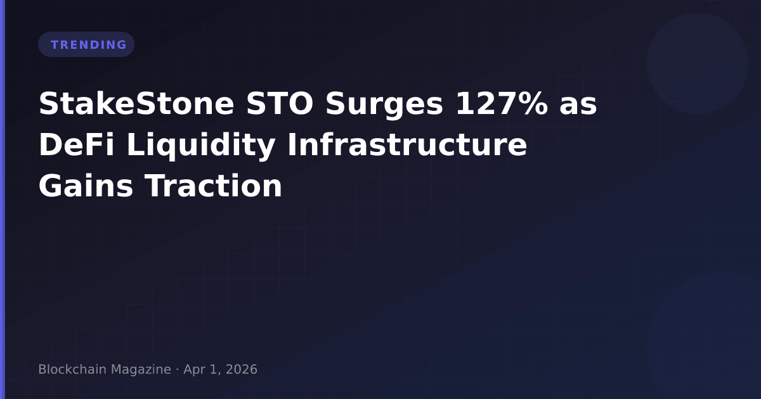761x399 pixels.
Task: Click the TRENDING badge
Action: [86, 44]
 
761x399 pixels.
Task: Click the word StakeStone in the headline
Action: [136, 103]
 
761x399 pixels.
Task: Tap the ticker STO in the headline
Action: [280, 103]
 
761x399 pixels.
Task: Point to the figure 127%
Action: [502, 103]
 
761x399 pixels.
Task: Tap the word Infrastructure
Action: [407, 144]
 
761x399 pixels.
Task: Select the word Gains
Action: [86, 186]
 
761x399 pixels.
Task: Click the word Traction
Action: [214, 186]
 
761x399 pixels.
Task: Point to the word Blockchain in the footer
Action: [72, 369]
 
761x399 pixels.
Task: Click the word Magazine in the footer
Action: [141, 370]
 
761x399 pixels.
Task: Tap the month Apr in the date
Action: [195, 370]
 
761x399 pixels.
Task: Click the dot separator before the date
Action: [178, 370]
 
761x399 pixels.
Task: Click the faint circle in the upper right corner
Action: [698, 63]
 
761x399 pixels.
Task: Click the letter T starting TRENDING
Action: [55, 45]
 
